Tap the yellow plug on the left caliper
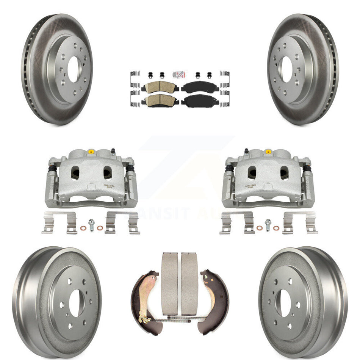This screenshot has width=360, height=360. pyautogui.click(x=91, y=152)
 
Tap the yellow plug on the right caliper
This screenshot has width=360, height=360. pyautogui.click(x=268, y=152)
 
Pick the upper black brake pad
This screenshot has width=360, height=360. pyautogui.click(x=197, y=87)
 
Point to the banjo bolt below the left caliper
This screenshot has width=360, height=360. pyautogui.click(x=91, y=225)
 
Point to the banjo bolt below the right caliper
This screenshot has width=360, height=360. pyautogui.click(x=268, y=225)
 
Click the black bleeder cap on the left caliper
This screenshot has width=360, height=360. pyautogui.click(x=113, y=151)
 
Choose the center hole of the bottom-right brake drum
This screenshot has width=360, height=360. pyautogui.click(x=285, y=303)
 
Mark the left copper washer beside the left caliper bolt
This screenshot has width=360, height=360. pyautogui.click(x=83, y=228)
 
